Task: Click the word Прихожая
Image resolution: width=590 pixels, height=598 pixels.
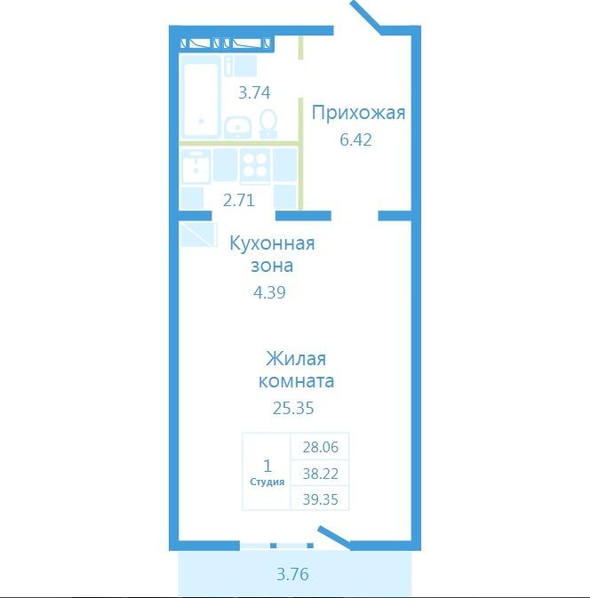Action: tap(358, 113)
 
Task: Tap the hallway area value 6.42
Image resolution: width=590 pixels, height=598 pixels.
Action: tap(355, 140)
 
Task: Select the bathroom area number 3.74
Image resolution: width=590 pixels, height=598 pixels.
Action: tap(254, 92)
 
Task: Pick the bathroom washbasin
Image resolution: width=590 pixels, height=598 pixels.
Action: tap(237, 127)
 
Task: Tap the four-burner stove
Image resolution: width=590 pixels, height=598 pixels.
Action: tap(255, 164)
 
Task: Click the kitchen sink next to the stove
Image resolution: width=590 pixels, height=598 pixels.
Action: tap(195, 167)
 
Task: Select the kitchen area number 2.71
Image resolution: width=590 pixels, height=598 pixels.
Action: tap(239, 200)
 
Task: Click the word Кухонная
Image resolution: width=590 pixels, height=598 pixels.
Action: tap(272, 243)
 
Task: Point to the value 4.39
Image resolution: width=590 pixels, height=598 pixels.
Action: tap(269, 292)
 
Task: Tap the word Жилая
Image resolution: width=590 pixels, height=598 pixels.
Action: tap(296, 359)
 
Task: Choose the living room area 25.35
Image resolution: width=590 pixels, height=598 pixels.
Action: tap(293, 408)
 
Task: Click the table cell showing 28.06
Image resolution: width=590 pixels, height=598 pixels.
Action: tap(321, 447)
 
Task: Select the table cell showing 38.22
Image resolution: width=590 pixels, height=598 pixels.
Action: tap(321, 474)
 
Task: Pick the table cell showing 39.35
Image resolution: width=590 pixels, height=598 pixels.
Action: tap(321, 498)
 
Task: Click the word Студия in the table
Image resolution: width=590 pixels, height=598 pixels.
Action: tap(267, 482)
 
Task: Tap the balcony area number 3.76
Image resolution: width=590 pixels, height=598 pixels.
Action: tap(292, 574)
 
